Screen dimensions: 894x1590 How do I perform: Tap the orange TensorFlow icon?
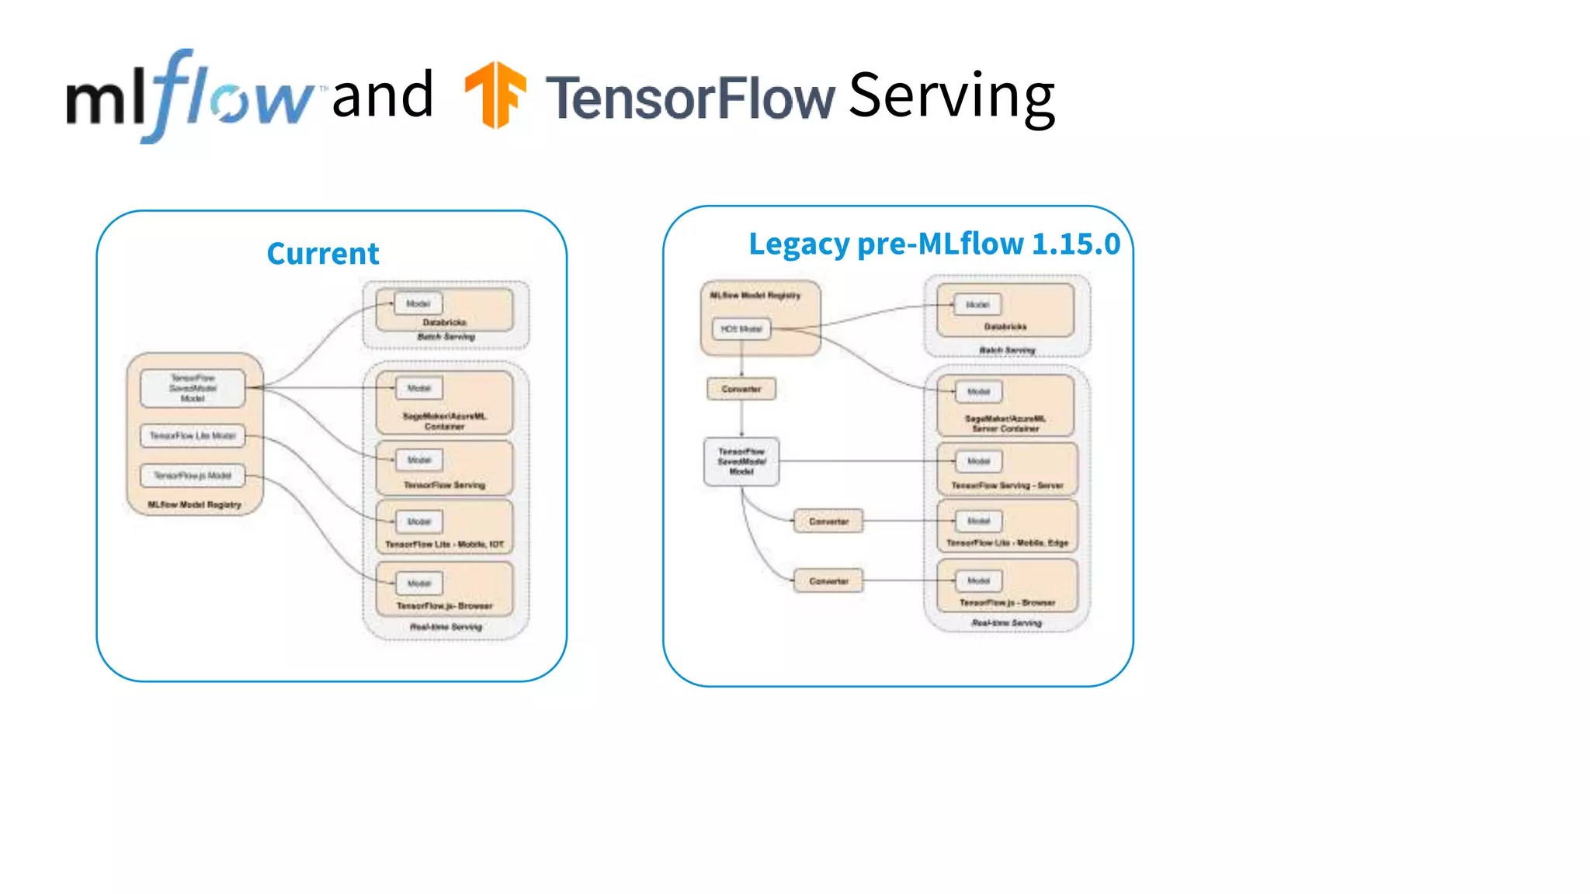click(495, 94)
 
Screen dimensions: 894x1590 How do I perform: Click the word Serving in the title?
click(951, 96)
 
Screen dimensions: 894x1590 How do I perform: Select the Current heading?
click(322, 254)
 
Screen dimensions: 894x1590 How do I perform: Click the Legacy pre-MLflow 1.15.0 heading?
click(934, 244)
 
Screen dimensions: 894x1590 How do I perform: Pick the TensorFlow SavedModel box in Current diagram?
click(193, 388)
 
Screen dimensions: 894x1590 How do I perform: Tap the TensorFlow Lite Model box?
click(193, 436)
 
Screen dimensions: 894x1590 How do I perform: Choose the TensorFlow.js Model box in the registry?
click(193, 476)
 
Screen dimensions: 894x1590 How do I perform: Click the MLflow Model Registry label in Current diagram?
click(194, 505)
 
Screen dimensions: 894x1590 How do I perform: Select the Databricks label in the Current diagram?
click(444, 322)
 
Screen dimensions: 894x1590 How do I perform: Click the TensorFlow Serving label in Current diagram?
click(444, 485)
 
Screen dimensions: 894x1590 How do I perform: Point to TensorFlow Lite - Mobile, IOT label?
click(444, 545)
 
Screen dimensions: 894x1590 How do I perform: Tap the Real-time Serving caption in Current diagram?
click(446, 627)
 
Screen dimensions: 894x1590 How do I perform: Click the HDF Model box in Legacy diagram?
click(741, 329)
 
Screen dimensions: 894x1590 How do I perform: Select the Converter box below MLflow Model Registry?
click(741, 389)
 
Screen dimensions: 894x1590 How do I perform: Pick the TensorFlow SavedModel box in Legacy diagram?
click(741, 462)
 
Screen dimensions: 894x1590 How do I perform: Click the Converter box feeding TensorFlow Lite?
click(828, 521)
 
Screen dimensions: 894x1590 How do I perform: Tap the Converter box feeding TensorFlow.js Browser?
click(828, 581)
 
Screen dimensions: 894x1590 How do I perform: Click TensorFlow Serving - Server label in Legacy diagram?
click(1007, 486)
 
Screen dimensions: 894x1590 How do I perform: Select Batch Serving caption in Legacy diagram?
click(1007, 351)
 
